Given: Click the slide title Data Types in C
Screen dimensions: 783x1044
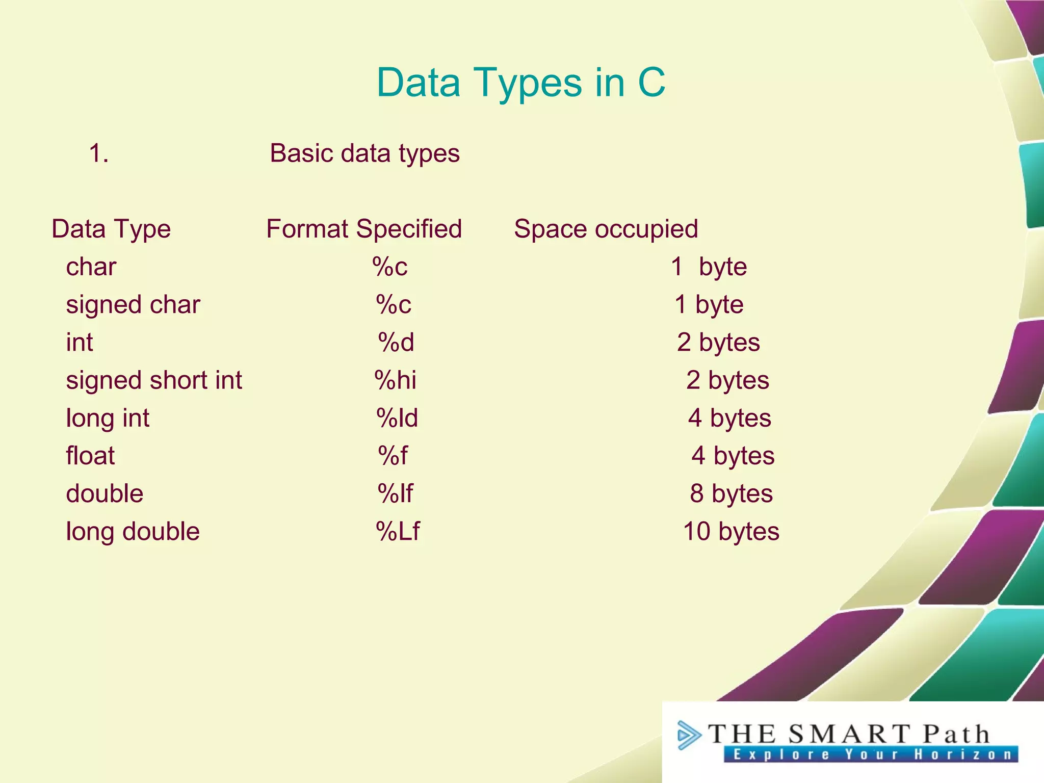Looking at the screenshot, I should coord(520,83).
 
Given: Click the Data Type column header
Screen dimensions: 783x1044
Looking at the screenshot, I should coord(111,229).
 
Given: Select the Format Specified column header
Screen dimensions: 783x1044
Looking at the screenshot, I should coord(364,229).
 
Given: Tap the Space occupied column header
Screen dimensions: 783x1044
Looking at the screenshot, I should coord(606,229).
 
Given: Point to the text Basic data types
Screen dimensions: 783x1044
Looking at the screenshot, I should coord(364,153).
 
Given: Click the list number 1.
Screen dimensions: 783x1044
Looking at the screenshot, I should coord(98,153).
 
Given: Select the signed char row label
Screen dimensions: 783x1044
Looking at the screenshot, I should coord(133,305).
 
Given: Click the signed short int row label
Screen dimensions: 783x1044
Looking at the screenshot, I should coord(154,380).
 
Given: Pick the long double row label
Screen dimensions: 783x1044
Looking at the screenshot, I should coord(133,532).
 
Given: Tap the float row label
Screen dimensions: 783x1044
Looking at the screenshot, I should coord(90,456).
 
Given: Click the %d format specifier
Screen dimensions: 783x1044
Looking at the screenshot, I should coord(396,343).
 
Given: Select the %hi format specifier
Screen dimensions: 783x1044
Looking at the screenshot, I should coord(396,380).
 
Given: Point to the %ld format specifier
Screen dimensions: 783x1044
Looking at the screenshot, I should coord(397,418).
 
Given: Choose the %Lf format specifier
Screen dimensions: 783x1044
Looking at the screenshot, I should coord(398,532).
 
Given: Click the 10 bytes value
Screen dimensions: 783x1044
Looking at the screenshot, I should coord(731,532).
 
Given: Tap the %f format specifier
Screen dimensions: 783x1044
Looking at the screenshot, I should coord(393,456).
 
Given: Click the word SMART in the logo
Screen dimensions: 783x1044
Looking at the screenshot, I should coord(849,734).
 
